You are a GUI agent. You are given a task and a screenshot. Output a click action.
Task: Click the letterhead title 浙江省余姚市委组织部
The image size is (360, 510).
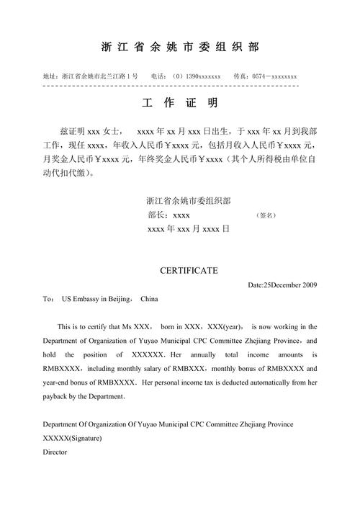pyautogui.click(x=179, y=48)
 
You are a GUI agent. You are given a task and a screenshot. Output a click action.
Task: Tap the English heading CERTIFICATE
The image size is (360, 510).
pyautogui.click(x=188, y=270)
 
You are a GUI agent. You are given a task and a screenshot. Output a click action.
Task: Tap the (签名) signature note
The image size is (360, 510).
pyautogui.click(x=266, y=215)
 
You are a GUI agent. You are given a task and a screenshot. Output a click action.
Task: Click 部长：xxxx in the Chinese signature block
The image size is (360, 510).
pyautogui.click(x=168, y=215)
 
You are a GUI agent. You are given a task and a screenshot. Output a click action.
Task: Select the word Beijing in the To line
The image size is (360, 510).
pyautogui.click(x=115, y=298)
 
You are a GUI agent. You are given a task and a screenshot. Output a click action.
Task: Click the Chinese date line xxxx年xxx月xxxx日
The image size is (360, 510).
pyautogui.click(x=187, y=229)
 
